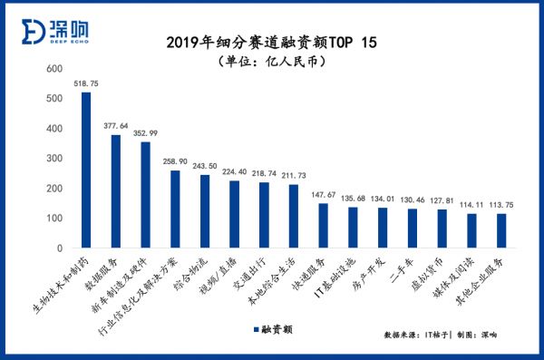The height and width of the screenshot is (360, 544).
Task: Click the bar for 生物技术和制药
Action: [86, 170]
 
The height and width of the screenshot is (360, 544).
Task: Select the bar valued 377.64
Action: [116, 191]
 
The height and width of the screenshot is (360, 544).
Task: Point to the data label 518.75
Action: [86, 83]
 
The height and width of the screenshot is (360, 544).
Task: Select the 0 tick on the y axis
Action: [58, 248]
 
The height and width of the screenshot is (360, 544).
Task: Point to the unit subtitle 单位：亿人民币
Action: [271, 62]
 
